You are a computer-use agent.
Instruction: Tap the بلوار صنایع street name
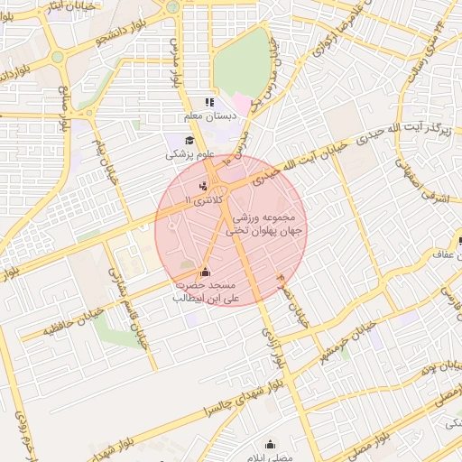(65, 113)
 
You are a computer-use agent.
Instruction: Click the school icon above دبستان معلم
(209, 103)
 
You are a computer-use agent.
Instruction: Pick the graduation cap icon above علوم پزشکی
(189, 140)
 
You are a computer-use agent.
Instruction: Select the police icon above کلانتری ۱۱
(202, 185)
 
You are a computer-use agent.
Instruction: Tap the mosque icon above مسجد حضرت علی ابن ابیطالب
(204, 271)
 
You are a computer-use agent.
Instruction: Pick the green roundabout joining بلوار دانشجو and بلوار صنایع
(58, 56)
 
